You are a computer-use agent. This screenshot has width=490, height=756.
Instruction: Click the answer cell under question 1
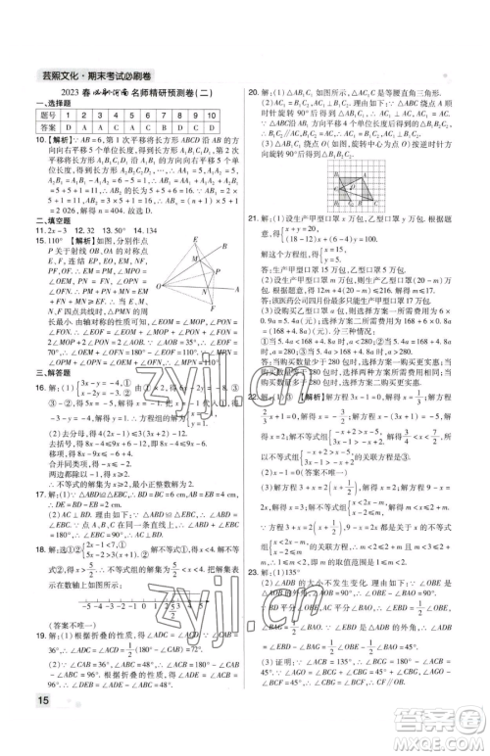click(x=67, y=127)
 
